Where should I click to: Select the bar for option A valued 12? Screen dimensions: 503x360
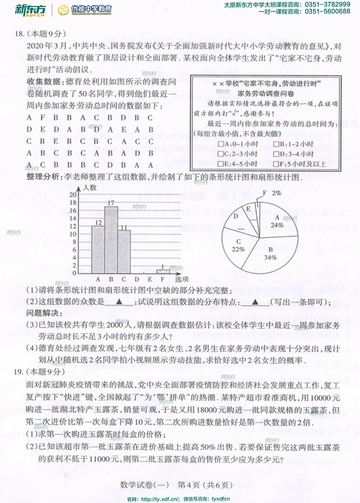98,250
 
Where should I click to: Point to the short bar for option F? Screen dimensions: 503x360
163,271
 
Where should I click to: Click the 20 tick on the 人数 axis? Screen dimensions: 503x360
72,195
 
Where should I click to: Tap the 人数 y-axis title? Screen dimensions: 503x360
89,187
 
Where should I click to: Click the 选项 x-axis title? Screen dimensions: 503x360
181,279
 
